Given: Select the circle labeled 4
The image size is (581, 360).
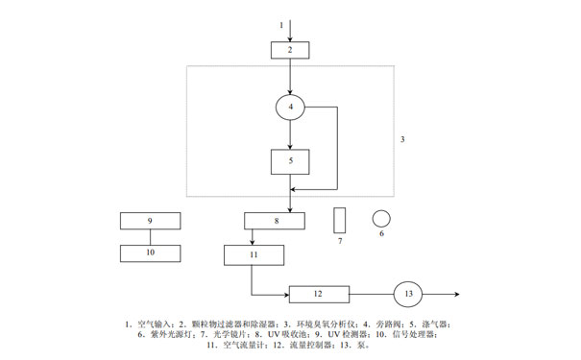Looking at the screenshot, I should click(290, 106).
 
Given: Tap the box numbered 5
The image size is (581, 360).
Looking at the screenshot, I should click(290, 161).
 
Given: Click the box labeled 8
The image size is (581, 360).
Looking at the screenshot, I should click(276, 221).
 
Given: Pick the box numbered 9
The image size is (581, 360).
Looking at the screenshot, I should click(151, 221).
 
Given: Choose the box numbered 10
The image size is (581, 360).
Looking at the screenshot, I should click(151, 253).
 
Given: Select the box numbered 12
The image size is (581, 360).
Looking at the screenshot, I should click(319, 293).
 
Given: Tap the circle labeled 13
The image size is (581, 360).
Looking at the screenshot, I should click(408, 293).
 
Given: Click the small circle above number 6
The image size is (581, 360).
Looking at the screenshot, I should click(381, 217).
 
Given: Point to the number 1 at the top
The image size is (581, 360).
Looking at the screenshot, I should click(280, 22).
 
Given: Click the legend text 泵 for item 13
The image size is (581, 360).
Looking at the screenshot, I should click(361, 345).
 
